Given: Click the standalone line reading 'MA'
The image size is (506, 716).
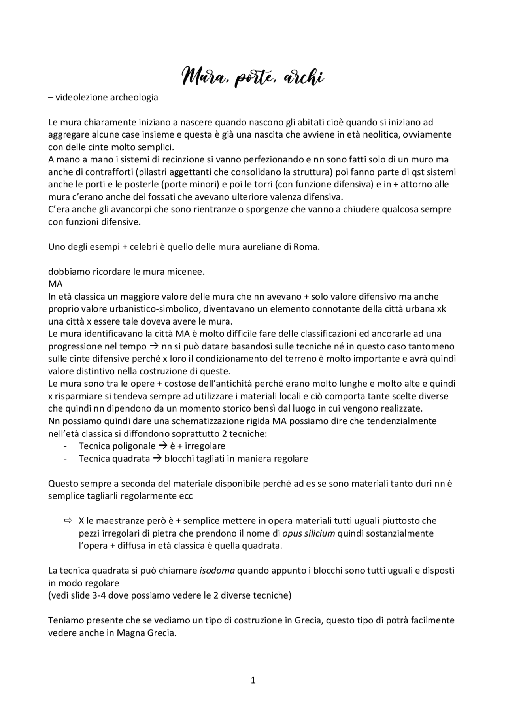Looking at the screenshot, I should [x=55, y=284].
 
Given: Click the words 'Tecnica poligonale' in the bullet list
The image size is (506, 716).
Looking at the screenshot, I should [x=117, y=446].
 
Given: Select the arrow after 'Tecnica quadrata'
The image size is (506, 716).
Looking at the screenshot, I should [x=157, y=459].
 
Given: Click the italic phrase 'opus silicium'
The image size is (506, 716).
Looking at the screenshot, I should [x=308, y=533].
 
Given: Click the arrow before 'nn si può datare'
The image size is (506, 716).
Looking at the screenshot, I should [x=153, y=346].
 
